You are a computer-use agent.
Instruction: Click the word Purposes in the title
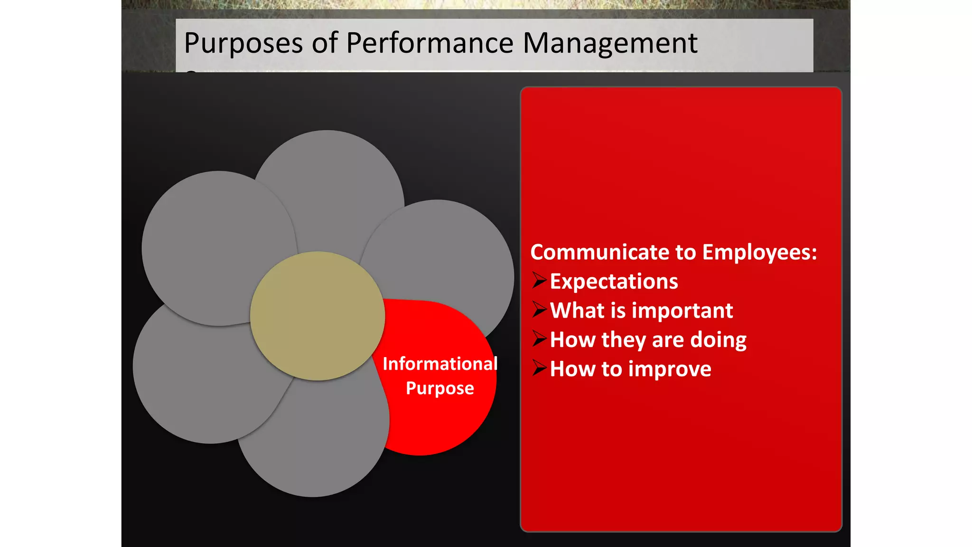(x=243, y=44)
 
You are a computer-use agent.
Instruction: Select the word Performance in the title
(x=430, y=44)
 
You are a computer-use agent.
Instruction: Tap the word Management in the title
(x=610, y=44)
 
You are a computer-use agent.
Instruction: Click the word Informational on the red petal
(x=440, y=364)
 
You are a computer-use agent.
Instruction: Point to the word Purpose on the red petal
(x=440, y=388)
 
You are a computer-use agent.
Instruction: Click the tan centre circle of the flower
(x=318, y=316)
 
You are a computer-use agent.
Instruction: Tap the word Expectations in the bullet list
(x=614, y=282)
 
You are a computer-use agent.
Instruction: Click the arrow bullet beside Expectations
(x=539, y=281)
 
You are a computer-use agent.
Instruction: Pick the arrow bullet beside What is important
(x=539, y=310)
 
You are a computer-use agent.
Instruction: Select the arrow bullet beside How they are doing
(x=539, y=339)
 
